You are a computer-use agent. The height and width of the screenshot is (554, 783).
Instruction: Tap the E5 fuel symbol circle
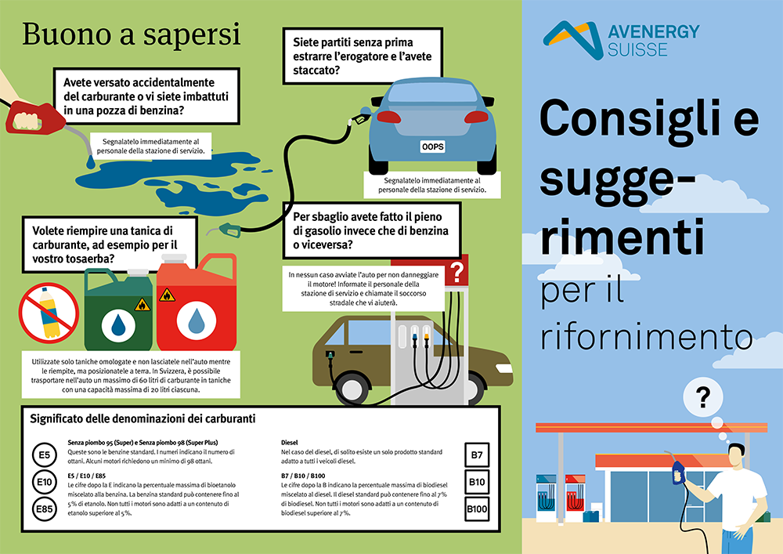(44, 455)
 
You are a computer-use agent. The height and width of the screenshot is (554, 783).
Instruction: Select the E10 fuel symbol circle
(44, 482)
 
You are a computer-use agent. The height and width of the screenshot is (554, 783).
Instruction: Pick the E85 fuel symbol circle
(44, 510)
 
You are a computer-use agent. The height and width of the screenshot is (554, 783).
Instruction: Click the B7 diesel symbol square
(477, 455)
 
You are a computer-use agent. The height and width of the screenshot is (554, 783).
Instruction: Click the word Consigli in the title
(649, 120)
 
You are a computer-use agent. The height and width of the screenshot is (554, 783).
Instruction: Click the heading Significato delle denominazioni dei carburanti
(153, 419)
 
